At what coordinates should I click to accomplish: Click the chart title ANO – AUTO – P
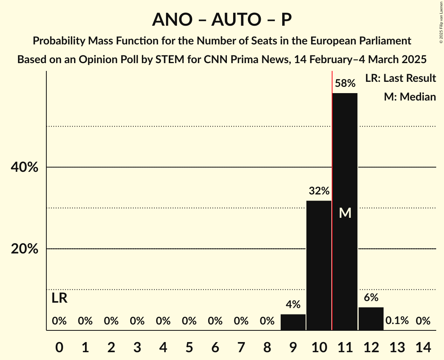[222, 19]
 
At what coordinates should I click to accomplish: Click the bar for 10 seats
[319, 265]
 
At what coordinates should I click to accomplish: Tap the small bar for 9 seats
[293, 322]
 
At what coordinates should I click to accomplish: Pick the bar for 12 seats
[371, 319]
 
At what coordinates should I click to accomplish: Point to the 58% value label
[345, 83]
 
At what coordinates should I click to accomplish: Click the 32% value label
[319, 191]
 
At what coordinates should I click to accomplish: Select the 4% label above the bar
[293, 305]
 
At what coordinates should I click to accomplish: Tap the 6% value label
[371, 298]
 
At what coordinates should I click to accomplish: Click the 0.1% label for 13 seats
[397, 321]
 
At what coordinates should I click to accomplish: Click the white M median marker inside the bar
[345, 213]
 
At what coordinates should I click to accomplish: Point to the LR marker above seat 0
[59, 298]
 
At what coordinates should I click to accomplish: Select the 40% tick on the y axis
[24, 168]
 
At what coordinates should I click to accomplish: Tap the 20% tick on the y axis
[24, 249]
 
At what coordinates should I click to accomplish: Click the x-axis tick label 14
[423, 346]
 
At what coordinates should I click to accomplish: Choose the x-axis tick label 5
[189, 346]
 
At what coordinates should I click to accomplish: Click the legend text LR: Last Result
[400, 78]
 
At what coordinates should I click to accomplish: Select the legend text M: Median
[410, 97]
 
